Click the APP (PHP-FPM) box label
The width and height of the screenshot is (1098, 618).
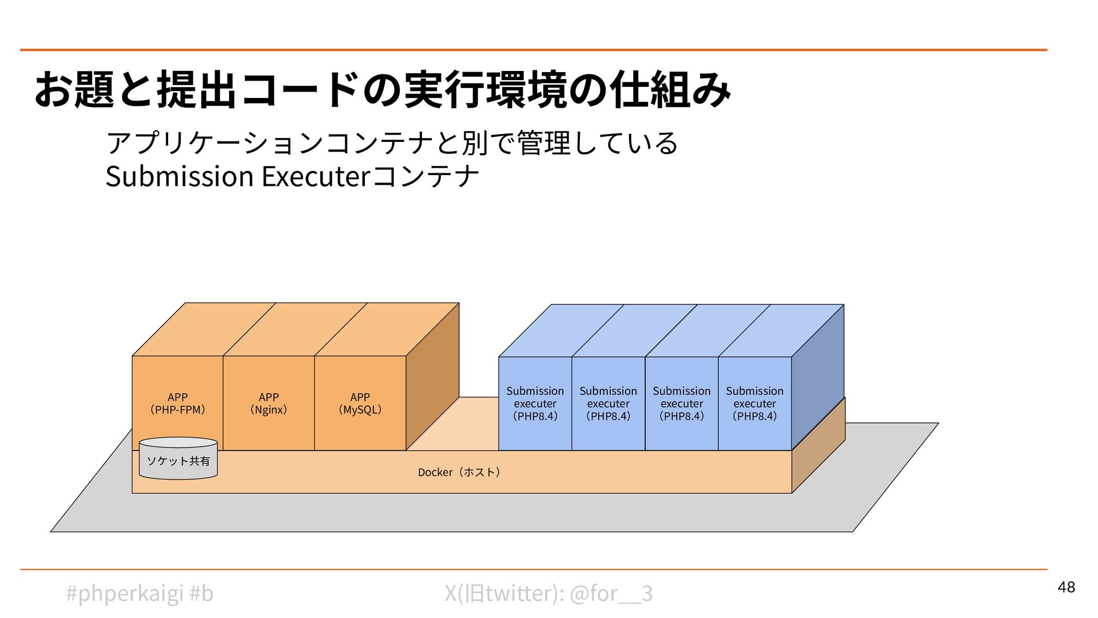(177, 403)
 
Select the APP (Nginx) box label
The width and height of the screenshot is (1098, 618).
(268, 403)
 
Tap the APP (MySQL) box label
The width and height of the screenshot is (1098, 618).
(360, 403)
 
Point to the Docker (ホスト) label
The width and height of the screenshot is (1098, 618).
(459, 472)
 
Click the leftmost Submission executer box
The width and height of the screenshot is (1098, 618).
(535, 403)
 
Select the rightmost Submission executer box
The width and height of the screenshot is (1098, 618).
(754, 403)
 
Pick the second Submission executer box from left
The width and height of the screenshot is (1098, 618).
(608, 403)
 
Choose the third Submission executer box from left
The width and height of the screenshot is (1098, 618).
(681, 403)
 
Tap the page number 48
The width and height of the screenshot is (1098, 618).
(1066, 587)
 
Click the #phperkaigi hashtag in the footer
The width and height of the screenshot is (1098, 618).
(124, 593)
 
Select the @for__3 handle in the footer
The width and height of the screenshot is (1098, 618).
(611, 593)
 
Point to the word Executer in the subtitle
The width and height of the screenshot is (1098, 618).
(316, 176)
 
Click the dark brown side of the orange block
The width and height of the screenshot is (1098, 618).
(432, 378)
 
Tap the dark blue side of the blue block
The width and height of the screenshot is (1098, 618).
(818, 378)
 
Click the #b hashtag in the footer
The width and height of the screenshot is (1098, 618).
(201, 593)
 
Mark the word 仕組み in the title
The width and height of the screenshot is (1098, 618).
(670, 90)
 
